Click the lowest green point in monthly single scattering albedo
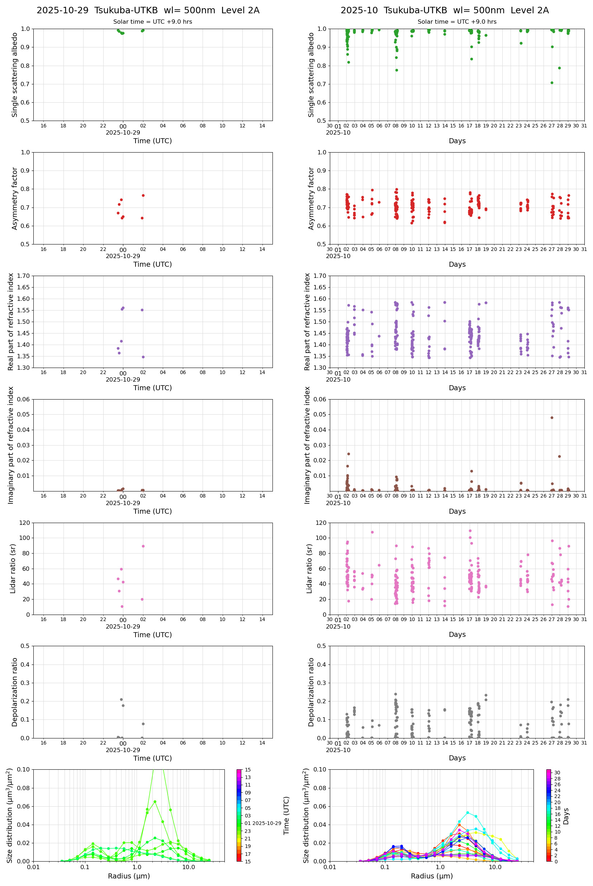pos(552,83)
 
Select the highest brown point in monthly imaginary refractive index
pos(552,418)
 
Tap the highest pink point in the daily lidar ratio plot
pos(143,546)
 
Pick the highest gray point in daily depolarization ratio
pos(122,699)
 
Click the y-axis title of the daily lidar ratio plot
pos(13,568)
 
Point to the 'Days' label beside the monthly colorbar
pos(566,816)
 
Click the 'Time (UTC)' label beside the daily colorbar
pos(286,816)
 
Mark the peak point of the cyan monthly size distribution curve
pos(468,812)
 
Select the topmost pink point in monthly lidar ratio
pos(470,531)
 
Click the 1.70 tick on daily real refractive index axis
pos(24,276)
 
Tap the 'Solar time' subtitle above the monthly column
pos(457,22)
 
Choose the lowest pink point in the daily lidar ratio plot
pos(122,606)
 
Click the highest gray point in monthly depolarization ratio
pos(395,694)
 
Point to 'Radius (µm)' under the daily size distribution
pos(129,876)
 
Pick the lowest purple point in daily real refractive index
pos(143,357)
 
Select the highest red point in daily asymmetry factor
pos(143,195)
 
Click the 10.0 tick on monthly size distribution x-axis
pos(495,867)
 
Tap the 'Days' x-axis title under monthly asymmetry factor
pos(457,264)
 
